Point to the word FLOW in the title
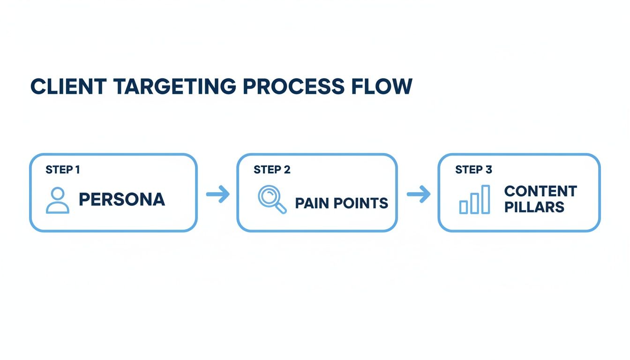(388, 87)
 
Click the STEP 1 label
(62, 170)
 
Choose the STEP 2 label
(272, 170)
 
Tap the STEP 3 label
(473, 170)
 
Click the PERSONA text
(122, 200)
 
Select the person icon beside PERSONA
(58, 201)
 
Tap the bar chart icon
(474, 200)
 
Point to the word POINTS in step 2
(360, 203)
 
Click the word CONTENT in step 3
(540, 191)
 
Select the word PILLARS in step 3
(534, 207)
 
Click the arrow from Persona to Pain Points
(218, 194)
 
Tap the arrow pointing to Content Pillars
(418, 194)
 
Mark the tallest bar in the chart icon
(486, 199)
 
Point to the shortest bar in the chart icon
(464, 207)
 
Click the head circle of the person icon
(58, 194)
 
